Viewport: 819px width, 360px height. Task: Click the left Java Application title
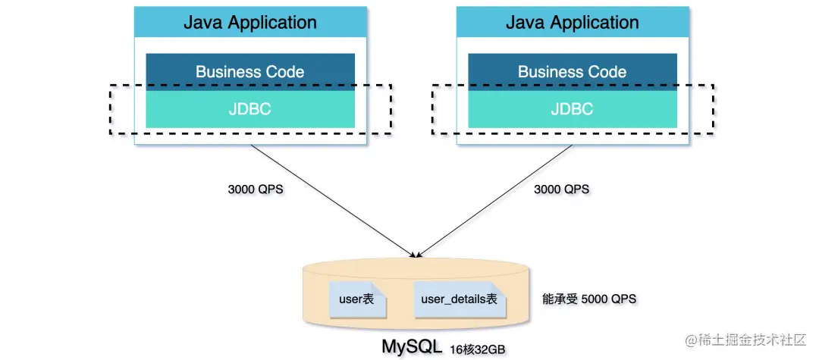click(x=250, y=23)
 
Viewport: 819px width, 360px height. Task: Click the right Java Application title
click(x=573, y=23)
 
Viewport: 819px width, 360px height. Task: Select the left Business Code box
click(x=250, y=72)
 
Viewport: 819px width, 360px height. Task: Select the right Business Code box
click(x=573, y=72)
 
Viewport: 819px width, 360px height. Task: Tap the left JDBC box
click(x=250, y=109)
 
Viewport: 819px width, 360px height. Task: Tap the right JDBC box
click(x=573, y=109)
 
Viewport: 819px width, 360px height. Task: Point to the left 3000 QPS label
click(x=256, y=189)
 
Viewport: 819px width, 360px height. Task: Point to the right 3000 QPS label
click(x=561, y=189)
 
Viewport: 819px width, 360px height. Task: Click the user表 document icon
click(x=358, y=300)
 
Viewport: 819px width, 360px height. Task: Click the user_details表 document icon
click(x=460, y=300)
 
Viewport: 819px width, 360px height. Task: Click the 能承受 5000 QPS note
click(x=590, y=299)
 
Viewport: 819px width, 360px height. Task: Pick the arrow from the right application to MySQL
click(x=495, y=201)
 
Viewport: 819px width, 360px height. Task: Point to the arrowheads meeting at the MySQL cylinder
click(x=416, y=255)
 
